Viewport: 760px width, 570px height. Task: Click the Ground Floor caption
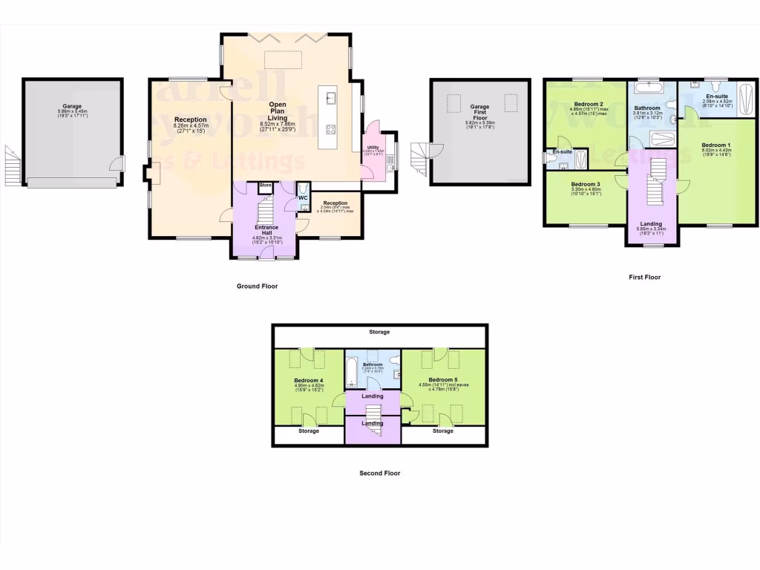pyautogui.click(x=257, y=286)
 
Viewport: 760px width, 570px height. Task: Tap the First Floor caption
pyautogui.click(x=644, y=277)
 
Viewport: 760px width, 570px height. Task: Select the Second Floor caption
pyautogui.click(x=379, y=473)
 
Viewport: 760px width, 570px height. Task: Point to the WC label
pyautogui.click(x=303, y=198)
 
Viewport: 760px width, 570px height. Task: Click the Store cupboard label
pyautogui.click(x=265, y=186)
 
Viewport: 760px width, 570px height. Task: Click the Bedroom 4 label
pyautogui.click(x=309, y=381)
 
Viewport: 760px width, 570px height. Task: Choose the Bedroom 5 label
pyautogui.click(x=443, y=380)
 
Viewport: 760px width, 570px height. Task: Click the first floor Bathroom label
pyautogui.click(x=646, y=108)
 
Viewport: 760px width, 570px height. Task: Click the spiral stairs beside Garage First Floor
pyautogui.click(x=425, y=157)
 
